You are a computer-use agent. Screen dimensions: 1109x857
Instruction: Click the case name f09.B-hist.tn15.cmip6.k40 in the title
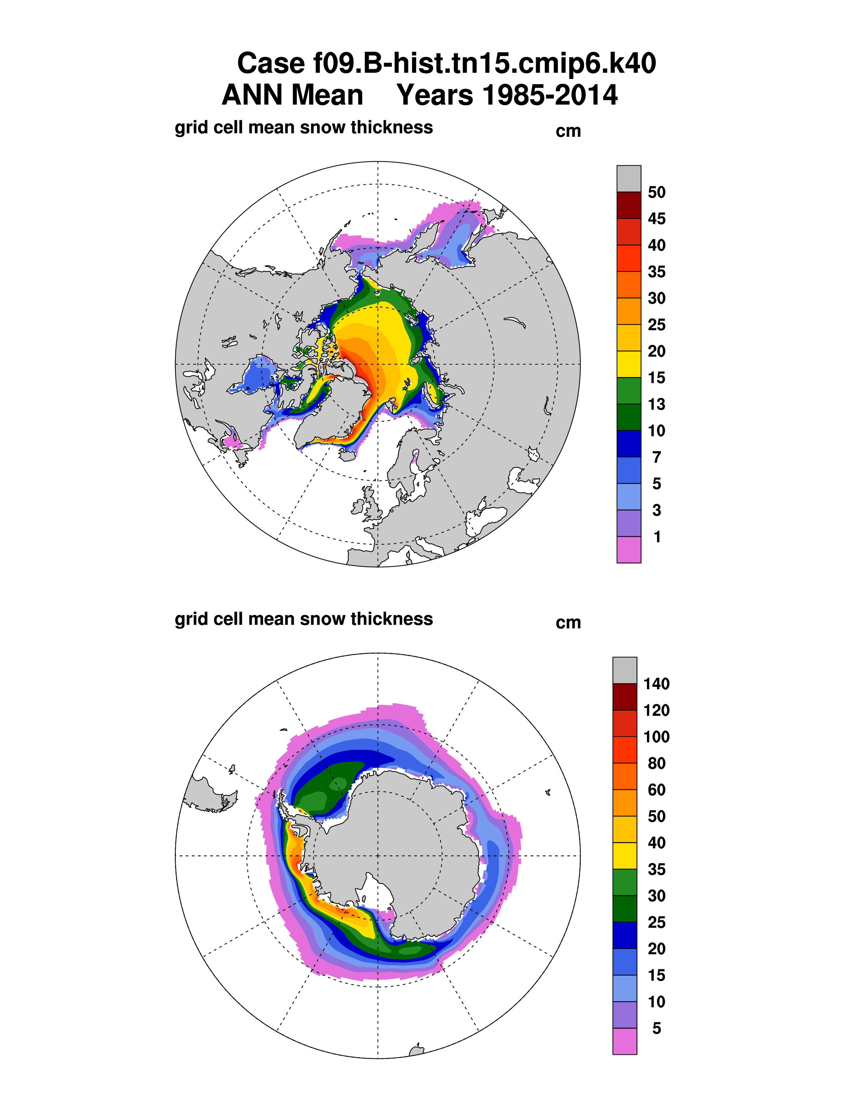pyautogui.click(x=446, y=64)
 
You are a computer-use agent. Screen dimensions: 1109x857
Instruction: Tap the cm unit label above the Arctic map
pyautogui.click(x=568, y=131)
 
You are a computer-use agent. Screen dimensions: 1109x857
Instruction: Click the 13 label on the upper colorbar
pyautogui.click(x=656, y=405)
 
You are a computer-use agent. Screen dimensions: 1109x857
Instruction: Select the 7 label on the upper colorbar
pyautogui.click(x=656, y=457)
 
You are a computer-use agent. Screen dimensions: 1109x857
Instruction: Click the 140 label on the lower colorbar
pyautogui.click(x=656, y=684)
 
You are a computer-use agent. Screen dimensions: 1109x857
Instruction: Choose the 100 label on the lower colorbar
pyautogui.click(x=656, y=737)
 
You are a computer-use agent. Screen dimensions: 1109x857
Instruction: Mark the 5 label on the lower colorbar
pyautogui.click(x=656, y=1029)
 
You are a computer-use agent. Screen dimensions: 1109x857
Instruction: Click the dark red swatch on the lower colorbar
pyautogui.click(x=624, y=697)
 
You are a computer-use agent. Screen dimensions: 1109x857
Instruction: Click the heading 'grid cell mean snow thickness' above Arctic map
pyautogui.click(x=303, y=127)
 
